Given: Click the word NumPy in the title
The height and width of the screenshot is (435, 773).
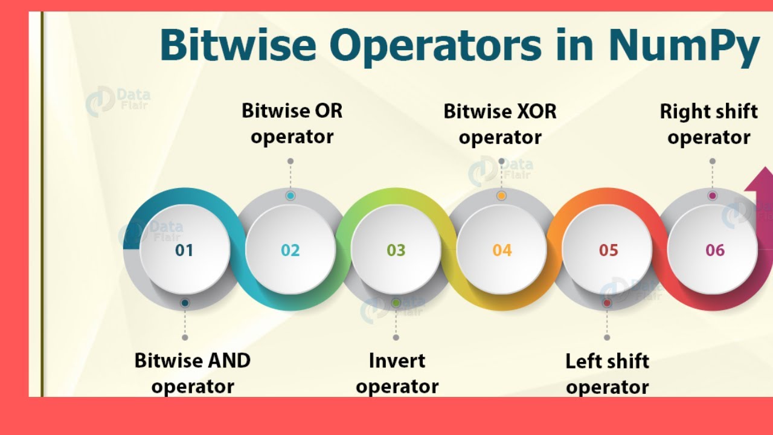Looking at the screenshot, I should tap(683, 47).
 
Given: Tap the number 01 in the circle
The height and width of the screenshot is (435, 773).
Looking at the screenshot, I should tap(184, 250).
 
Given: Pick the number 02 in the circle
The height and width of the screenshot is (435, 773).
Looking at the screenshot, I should tap(290, 250).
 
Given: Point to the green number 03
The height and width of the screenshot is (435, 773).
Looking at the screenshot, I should tap(396, 250).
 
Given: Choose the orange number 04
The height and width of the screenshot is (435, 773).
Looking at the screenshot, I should tap(502, 250).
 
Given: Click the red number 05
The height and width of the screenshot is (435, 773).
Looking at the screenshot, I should tap(608, 250).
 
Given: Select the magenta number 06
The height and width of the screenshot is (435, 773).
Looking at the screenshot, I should tap(714, 250).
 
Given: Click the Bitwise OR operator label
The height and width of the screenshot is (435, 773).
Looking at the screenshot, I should tap(292, 123).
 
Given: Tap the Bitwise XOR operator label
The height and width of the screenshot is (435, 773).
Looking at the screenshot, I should tap(500, 124).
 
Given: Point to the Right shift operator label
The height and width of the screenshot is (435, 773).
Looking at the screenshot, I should tap(708, 124).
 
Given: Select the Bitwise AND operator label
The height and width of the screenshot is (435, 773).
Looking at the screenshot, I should tap(192, 373).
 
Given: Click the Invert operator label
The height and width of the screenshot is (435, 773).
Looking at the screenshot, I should tap(397, 373).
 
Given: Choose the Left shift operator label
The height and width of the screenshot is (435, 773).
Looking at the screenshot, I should tap(607, 373).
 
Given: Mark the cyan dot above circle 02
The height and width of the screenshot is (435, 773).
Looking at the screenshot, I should tap(290, 196).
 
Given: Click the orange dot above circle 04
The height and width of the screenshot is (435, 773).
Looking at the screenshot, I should tap(501, 196).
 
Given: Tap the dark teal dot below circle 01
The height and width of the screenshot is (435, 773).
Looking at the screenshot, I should tap(185, 303).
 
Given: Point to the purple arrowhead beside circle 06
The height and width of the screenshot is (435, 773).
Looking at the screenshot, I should tap(759, 182).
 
